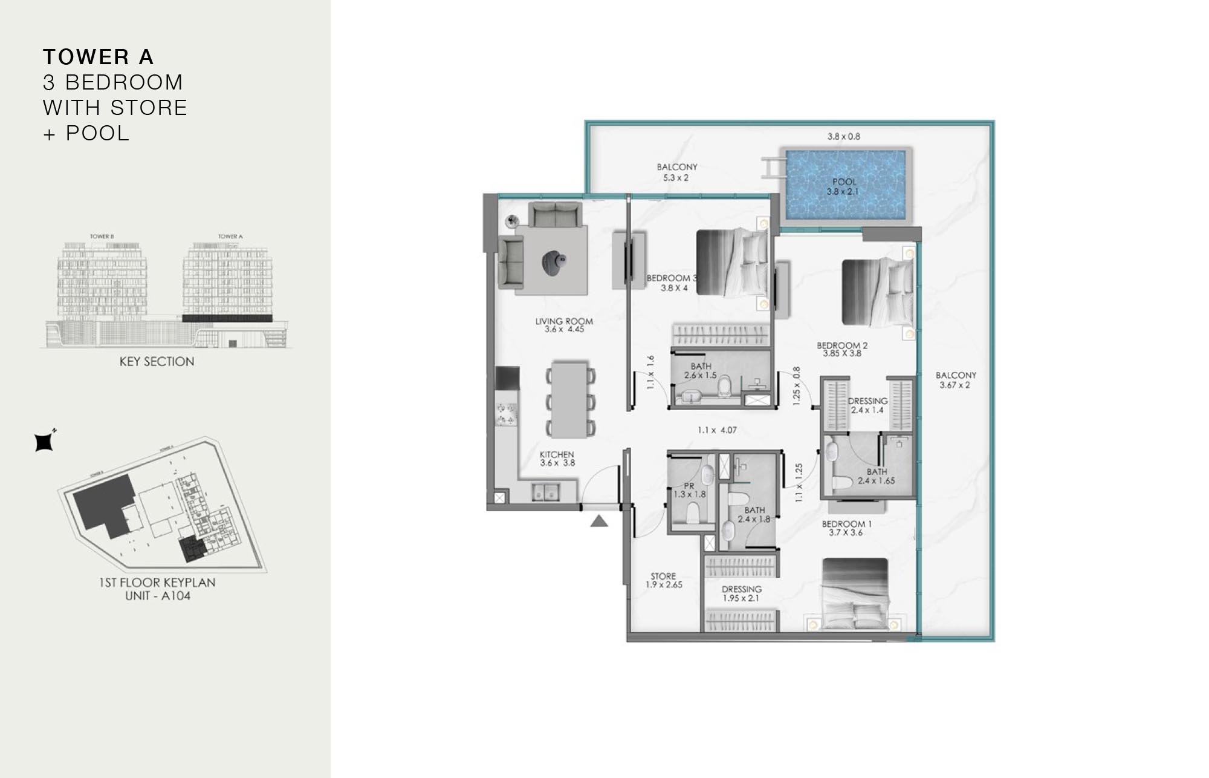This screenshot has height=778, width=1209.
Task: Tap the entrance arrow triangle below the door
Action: pyautogui.click(x=598, y=521)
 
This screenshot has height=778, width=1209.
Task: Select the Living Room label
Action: pyautogui.click(x=564, y=321)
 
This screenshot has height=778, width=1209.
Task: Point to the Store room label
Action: pyautogui.click(x=663, y=576)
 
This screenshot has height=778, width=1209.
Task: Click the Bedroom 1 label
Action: pyautogui.click(x=846, y=524)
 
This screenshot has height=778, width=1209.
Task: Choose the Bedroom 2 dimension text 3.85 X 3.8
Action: pyautogui.click(x=842, y=353)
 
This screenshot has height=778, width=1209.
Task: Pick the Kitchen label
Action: pyautogui.click(x=557, y=454)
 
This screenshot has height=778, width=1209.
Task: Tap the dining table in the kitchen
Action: pyautogui.click(x=570, y=399)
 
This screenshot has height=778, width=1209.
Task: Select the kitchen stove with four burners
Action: pyautogui.click(x=507, y=414)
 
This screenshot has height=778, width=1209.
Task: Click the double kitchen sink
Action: pyautogui.click(x=546, y=492)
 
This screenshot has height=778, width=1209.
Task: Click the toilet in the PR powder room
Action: pyautogui.click(x=693, y=514)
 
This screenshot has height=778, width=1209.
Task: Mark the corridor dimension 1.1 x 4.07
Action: pyautogui.click(x=717, y=430)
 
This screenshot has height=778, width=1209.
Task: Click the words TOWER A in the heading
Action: pyautogui.click(x=99, y=57)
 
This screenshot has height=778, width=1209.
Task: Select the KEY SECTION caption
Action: pyautogui.click(x=157, y=362)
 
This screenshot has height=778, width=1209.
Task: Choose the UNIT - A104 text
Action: pyautogui.click(x=157, y=596)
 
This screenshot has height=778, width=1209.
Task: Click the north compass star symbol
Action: pyautogui.click(x=44, y=442)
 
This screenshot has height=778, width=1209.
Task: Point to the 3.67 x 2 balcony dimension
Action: pyautogui.click(x=955, y=385)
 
